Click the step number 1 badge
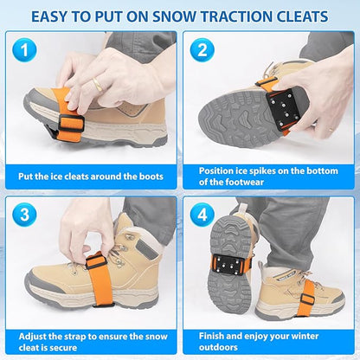click(x=25, y=50)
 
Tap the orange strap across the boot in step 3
click(x=74, y=286)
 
